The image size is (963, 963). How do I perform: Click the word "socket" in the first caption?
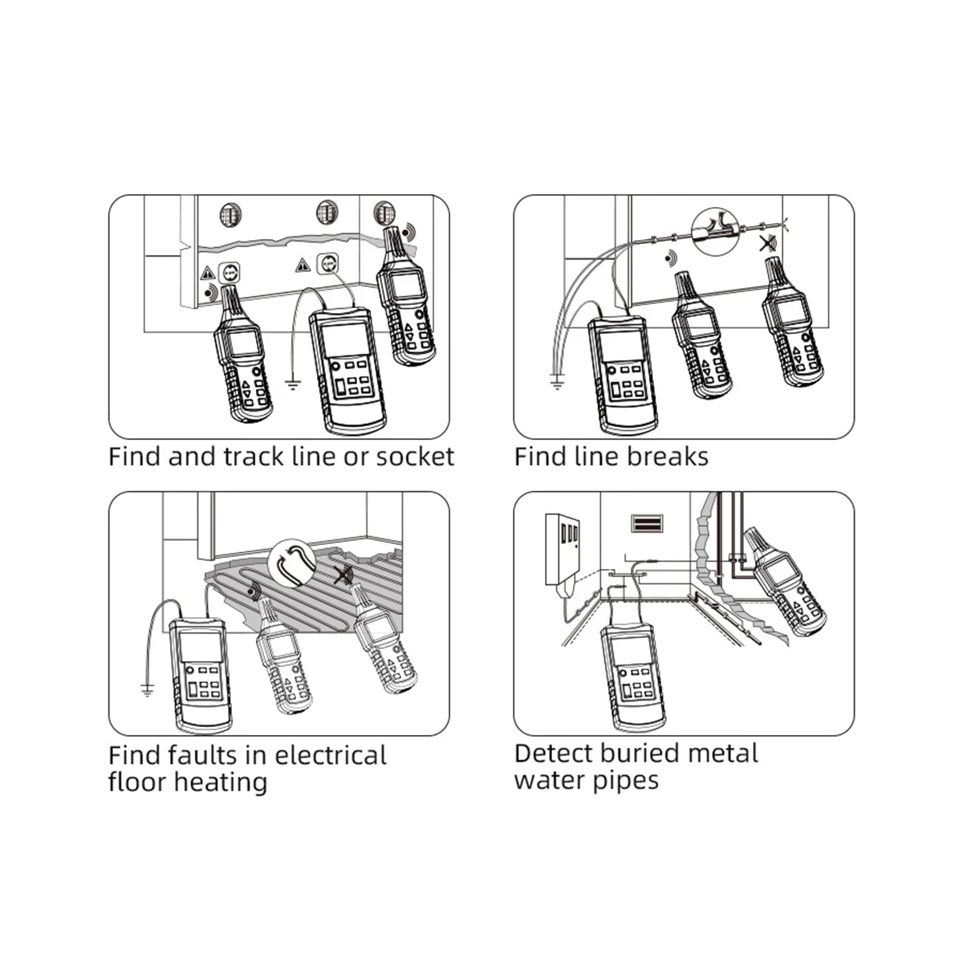tap(415, 457)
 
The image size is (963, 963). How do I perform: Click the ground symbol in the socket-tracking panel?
tap(293, 384)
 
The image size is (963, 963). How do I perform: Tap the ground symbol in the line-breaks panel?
tap(557, 384)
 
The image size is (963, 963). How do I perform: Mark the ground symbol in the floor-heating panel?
tap(148, 689)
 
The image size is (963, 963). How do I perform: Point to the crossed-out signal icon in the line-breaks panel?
tap(767, 244)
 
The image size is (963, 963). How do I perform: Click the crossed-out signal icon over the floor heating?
tap(343, 575)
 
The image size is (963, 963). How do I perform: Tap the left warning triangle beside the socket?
tap(207, 274)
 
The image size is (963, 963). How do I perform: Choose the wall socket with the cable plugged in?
tap(328, 262)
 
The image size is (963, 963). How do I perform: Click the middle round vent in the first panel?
tap(327, 213)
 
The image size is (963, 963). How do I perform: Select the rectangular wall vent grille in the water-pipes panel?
tap(647, 523)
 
